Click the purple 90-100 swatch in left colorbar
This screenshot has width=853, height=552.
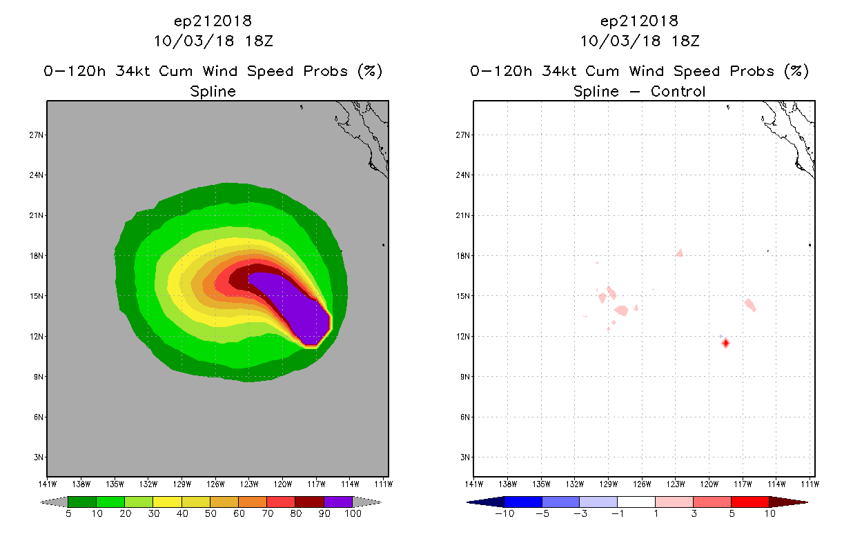pyautogui.click(x=338, y=502)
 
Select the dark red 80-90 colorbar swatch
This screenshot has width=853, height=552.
pyautogui.click(x=309, y=502)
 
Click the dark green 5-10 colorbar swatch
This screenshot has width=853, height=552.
pyautogui.click(x=82, y=502)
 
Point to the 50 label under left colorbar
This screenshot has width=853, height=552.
pyautogui.click(x=210, y=513)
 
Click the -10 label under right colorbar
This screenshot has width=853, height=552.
pyautogui.click(x=504, y=513)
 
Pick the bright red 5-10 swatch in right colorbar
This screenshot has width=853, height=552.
pyautogui.click(x=749, y=502)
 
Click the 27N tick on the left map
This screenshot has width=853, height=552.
pyautogui.click(x=36, y=135)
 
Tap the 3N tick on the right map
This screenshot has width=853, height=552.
pyautogui.click(x=463, y=457)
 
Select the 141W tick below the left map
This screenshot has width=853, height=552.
pyautogui.click(x=47, y=483)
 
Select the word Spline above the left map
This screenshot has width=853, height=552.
pyautogui.click(x=213, y=91)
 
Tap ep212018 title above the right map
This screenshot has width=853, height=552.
pyautogui.click(x=640, y=21)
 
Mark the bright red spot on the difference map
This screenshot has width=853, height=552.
pyautogui.click(x=725, y=343)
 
